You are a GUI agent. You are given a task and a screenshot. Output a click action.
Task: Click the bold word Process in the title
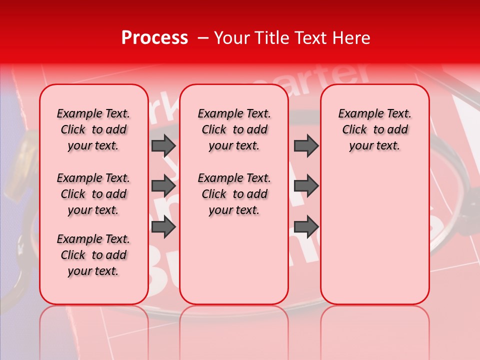coord(154,38)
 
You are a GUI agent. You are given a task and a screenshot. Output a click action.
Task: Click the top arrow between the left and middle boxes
coord(163,145)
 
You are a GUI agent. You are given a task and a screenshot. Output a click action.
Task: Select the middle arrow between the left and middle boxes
coord(163,186)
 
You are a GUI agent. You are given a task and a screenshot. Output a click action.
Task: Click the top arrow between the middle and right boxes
coord(306,145)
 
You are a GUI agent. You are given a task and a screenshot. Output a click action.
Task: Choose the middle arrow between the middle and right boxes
coord(306,186)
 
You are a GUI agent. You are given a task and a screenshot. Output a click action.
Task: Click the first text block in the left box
coord(93,129)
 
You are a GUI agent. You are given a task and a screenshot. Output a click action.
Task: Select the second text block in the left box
coord(93,194)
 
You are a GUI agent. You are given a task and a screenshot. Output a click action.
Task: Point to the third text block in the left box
coord(93,255)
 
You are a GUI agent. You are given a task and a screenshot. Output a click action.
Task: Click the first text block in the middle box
coord(234,129)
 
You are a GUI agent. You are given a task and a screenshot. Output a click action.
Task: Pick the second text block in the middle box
coord(234,194)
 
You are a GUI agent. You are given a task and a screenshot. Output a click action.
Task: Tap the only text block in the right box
coord(374,129)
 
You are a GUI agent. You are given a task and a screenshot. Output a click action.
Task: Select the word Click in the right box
coord(354,130)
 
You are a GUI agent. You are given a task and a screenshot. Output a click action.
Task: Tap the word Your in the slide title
coord(231,38)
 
